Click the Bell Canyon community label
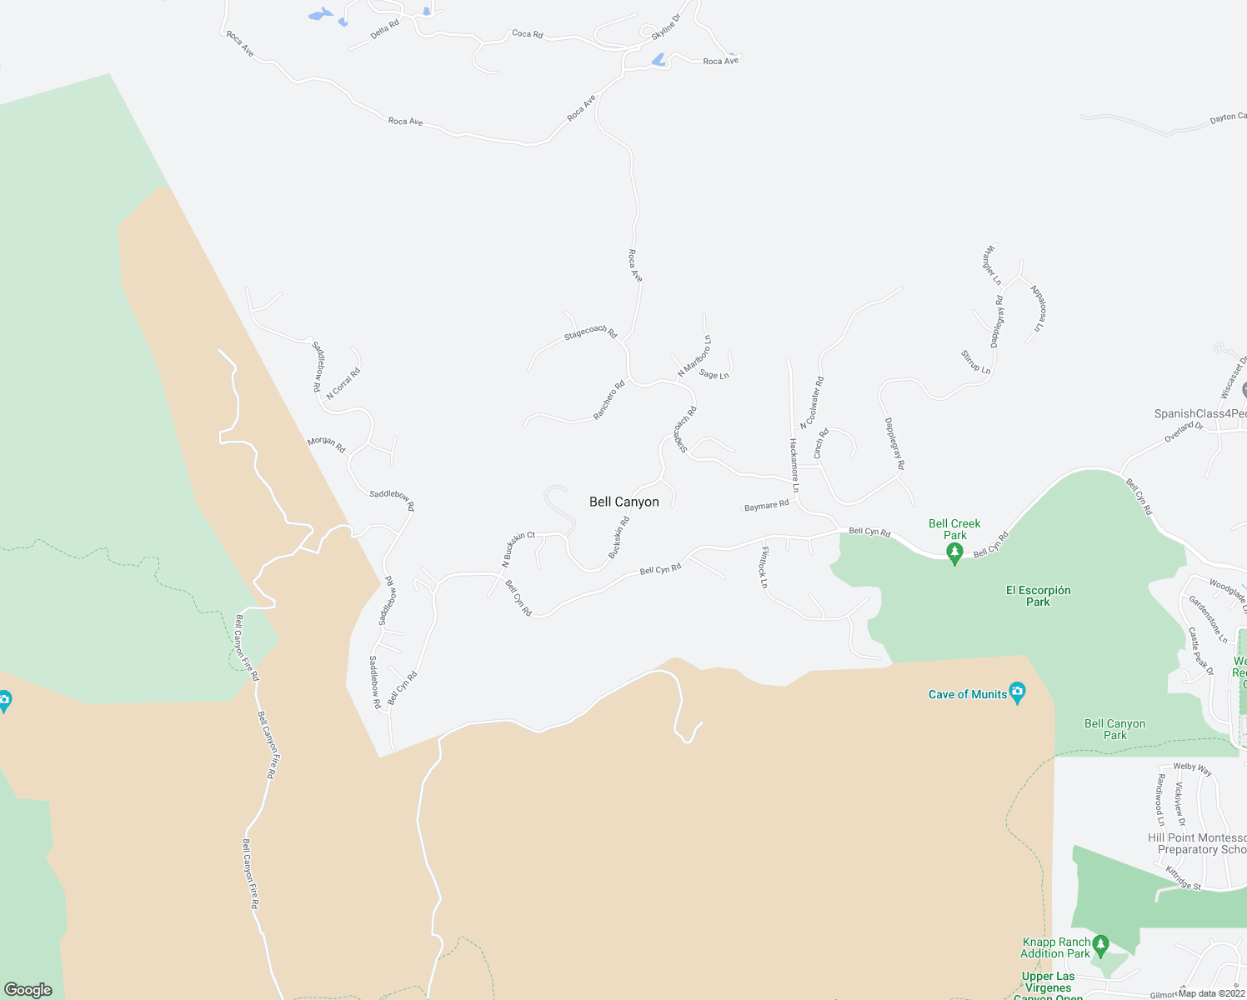(x=623, y=502)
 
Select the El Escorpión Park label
(x=1038, y=596)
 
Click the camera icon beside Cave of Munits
(x=1017, y=692)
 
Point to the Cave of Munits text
(x=968, y=694)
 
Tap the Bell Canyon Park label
(x=1114, y=729)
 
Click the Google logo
(x=28, y=990)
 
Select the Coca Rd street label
(x=527, y=34)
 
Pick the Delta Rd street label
(x=384, y=30)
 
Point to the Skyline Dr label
(x=665, y=27)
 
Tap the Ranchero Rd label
(x=608, y=400)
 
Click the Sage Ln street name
(x=714, y=375)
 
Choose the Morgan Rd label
(x=326, y=444)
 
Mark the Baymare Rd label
(x=766, y=506)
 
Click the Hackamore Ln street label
(x=794, y=466)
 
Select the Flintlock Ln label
(x=763, y=567)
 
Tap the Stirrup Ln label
(x=975, y=362)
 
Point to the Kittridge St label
(x=1183, y=878)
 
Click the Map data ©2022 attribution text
(x=1211, y=993)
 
